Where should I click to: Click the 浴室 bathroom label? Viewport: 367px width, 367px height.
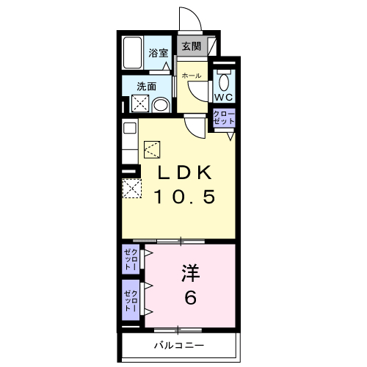tap(159, 52)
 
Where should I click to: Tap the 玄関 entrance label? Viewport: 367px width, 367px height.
tap(191, 46)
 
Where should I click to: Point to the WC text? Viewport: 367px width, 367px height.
tap(223, 97)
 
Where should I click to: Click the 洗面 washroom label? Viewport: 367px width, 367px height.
tap(147, 87)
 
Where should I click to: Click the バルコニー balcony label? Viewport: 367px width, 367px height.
tap(179, 345)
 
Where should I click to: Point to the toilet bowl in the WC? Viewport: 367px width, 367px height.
tap(224, 80)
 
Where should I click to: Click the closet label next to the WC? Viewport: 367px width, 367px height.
tap(223, 118)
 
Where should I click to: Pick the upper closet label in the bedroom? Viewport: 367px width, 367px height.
tap(131, 261)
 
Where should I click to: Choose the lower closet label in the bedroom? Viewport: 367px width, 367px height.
tap(131, 302)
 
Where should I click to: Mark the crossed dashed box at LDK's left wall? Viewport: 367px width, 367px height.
tap(131, 189)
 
